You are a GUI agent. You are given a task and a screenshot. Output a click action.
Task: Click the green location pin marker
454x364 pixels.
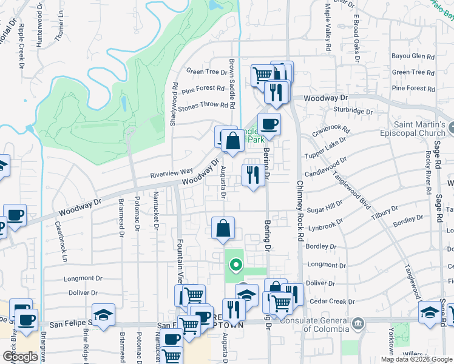coord(235,265)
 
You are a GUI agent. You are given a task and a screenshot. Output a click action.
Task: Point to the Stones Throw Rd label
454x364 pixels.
coord(207,104)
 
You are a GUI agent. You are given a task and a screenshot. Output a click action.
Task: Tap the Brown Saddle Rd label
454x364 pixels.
coord(232,84)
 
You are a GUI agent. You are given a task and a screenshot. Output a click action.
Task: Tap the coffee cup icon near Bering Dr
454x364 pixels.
coord(269,124)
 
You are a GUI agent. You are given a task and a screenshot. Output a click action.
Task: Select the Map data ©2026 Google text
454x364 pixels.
coord(416,359)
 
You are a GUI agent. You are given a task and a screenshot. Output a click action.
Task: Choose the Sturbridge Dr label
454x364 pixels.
coord(353,111)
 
